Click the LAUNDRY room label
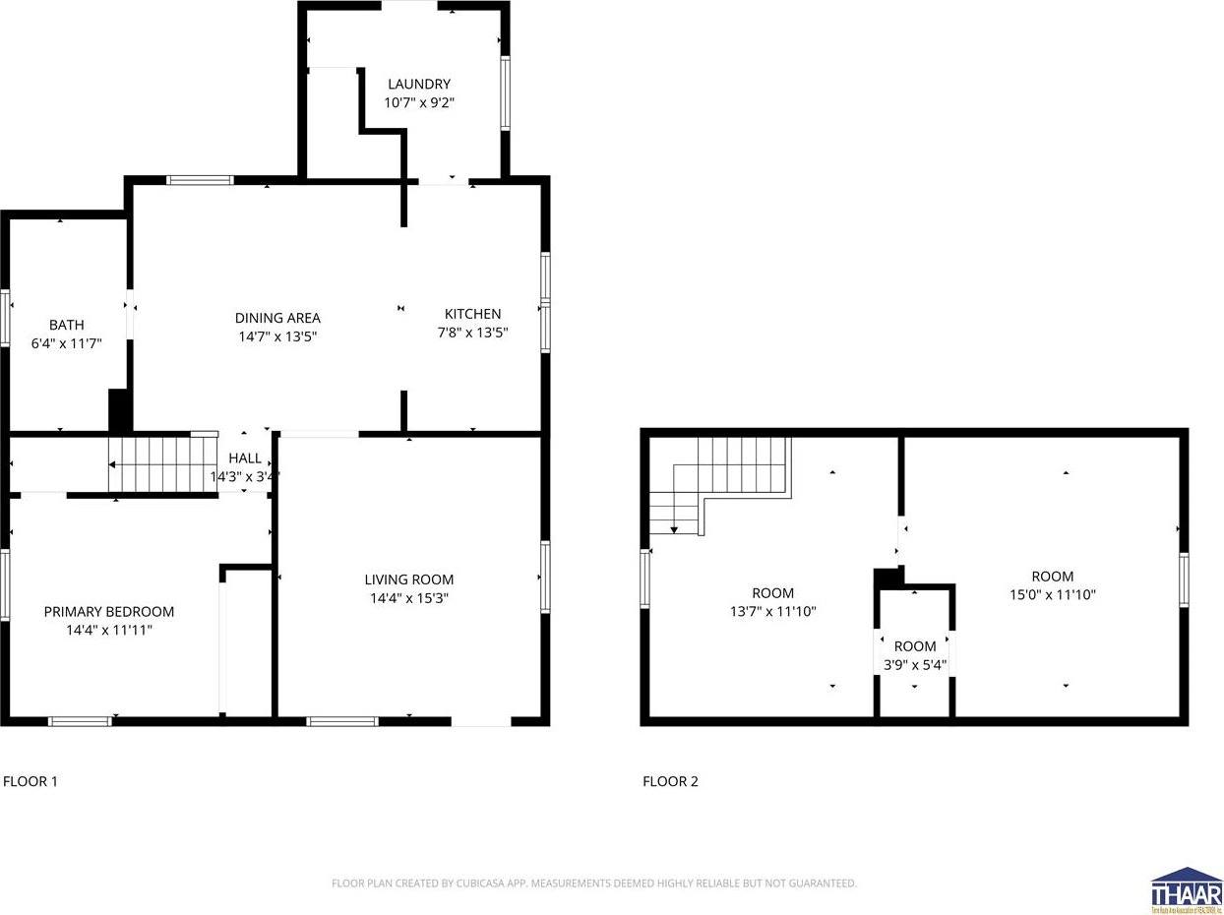point(418,85)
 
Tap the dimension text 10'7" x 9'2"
point(418,102)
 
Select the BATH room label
point(67,325)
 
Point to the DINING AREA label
point(277,318)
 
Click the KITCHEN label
point(472,314)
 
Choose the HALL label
point(245,458)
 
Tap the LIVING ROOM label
point(408,579)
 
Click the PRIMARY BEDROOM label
point(108,612)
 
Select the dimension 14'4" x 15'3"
point(408,598)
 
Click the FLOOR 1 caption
point(31,782)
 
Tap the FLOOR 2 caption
point(670,782)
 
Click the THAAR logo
point(1186,890)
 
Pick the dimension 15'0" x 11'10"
point(1052,594)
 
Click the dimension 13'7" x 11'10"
point(772,611)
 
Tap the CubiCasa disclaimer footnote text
point(594,884)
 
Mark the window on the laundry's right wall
point(505,93)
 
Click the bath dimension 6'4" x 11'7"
point(67,343)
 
